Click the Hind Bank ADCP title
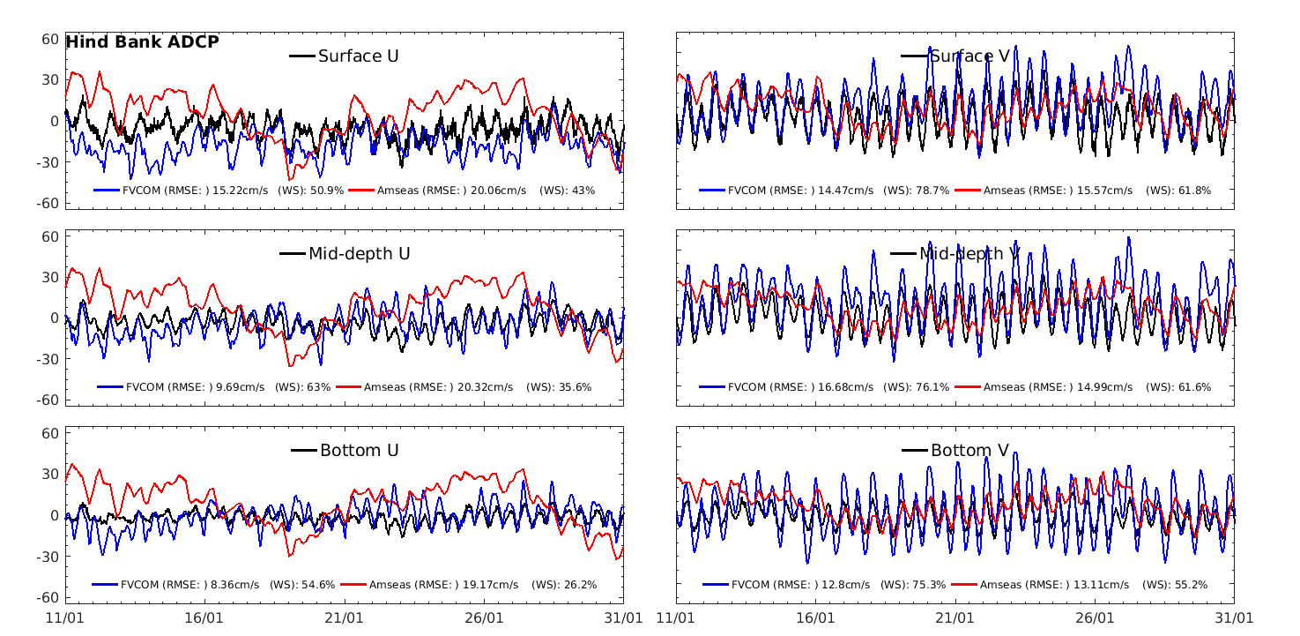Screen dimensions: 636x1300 point(142,41)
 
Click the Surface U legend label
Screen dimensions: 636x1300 point(358,56)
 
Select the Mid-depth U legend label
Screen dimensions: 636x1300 point(359,254)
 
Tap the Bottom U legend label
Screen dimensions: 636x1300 point(359,451)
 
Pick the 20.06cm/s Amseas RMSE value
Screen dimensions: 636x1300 point(496,191)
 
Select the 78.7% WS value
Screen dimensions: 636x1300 point(933,191)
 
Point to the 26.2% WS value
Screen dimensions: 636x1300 point(579,584)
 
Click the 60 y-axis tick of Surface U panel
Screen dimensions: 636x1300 point(49,40)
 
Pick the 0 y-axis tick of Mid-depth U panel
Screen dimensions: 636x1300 point(54,318)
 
